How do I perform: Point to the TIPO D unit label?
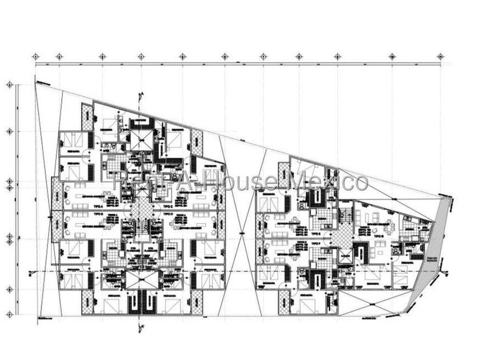pos(168,213)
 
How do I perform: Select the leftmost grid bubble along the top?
pos(36,57)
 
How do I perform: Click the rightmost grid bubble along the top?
pos(440,57)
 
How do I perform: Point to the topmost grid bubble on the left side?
pos(9,85)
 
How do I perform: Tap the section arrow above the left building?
pos(139,97)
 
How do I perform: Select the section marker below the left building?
pos(139,327)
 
